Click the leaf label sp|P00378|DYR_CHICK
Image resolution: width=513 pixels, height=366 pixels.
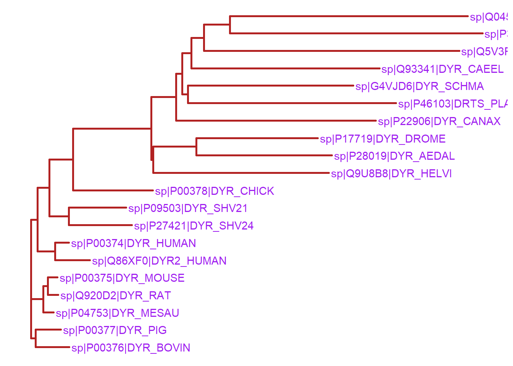215,191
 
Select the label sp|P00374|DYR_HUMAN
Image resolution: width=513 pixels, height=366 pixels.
134,243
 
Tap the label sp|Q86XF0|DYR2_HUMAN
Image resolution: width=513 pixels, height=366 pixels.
159,261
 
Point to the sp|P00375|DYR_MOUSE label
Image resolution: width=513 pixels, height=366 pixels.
122,278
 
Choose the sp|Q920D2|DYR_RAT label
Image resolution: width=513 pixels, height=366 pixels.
116,295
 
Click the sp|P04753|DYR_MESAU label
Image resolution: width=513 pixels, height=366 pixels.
118,313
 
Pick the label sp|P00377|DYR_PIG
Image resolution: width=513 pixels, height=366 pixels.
115,330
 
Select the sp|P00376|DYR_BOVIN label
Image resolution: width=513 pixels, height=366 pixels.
131,348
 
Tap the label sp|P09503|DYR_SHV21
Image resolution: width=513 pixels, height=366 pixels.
188,208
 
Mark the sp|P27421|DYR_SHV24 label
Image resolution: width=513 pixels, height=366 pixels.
194,226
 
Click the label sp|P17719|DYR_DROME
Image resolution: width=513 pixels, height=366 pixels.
383,139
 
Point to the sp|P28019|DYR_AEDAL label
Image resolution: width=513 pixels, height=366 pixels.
394,156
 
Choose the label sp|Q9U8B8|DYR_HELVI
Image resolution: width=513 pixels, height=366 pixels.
391,173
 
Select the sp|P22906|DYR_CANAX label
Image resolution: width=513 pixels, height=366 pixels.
439,121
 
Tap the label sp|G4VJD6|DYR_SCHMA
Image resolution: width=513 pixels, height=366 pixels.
419,86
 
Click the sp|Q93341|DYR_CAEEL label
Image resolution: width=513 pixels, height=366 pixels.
442,69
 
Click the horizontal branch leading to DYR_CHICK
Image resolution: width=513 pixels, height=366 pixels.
113,190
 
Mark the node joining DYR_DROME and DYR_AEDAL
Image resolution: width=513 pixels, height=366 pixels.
197,147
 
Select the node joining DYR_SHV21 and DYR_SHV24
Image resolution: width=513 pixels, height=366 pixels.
69,216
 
